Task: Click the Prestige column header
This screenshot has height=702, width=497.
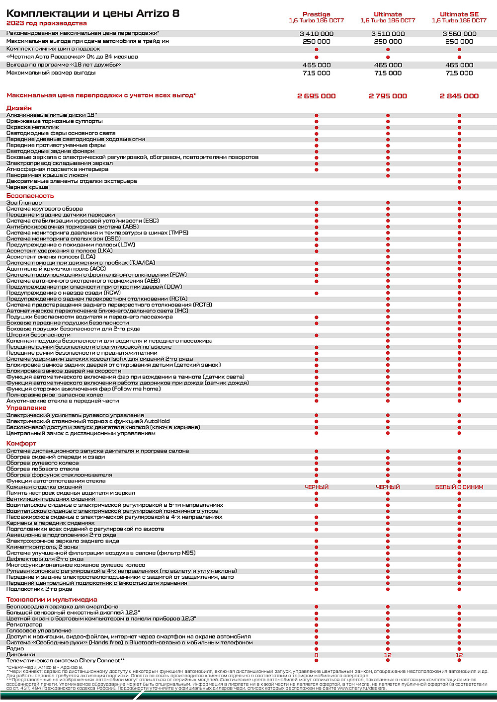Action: coord(316,14)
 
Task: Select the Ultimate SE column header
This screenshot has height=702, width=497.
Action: coord(459,14)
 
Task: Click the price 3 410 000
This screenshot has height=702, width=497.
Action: coord(316,34)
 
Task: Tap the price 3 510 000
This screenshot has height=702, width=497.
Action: coord(388,34)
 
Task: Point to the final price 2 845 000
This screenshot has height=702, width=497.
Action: coord(459,96)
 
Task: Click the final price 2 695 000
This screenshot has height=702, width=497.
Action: coord(316,96)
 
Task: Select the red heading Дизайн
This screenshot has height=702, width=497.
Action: coord(19,108)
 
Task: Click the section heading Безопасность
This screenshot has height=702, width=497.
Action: coord(30,196)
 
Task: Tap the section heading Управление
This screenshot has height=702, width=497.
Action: coord(26,408)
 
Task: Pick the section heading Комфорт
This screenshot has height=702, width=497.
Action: coord(21,443)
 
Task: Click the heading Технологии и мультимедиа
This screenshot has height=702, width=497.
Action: coord(52,600)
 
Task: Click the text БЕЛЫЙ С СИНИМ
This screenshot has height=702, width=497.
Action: coord(459,487)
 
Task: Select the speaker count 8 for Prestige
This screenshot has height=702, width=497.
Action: coord(316,655)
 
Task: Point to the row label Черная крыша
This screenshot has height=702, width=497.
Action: coord(27,187)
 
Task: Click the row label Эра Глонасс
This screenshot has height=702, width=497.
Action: coord(24,203)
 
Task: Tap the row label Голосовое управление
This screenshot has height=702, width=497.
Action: coord(39,630)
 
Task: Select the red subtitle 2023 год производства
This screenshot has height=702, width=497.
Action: coord(46,23)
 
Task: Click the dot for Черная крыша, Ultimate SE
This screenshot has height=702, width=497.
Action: coord(459,188)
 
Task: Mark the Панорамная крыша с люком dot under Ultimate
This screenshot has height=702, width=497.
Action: coord(388,175)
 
